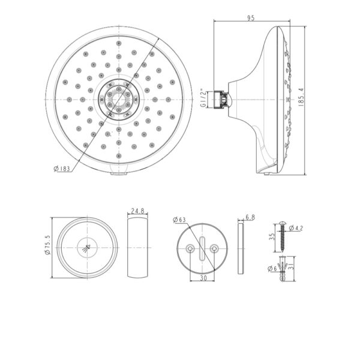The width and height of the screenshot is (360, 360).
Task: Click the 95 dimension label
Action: (251, 18)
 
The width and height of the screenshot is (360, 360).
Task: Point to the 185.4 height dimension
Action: (301, 97)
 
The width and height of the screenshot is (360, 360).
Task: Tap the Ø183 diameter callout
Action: (62, 169)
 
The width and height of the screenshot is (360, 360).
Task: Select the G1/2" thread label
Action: (203, 98)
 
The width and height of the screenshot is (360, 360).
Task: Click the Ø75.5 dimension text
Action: (48, 245)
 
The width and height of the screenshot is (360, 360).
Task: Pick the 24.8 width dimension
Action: (137, 211)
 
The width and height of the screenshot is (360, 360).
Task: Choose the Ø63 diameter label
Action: (179, 220)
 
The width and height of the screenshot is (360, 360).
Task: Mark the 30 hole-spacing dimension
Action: (203, 278)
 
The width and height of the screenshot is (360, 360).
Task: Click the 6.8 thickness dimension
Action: (250, 217)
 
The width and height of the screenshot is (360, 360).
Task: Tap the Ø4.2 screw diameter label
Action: (296, 228)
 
